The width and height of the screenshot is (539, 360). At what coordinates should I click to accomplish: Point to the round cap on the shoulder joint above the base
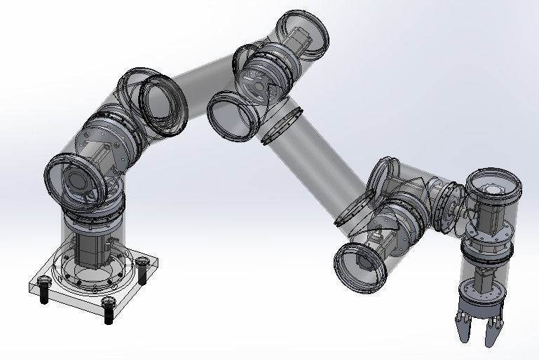[x=74, y=179]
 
